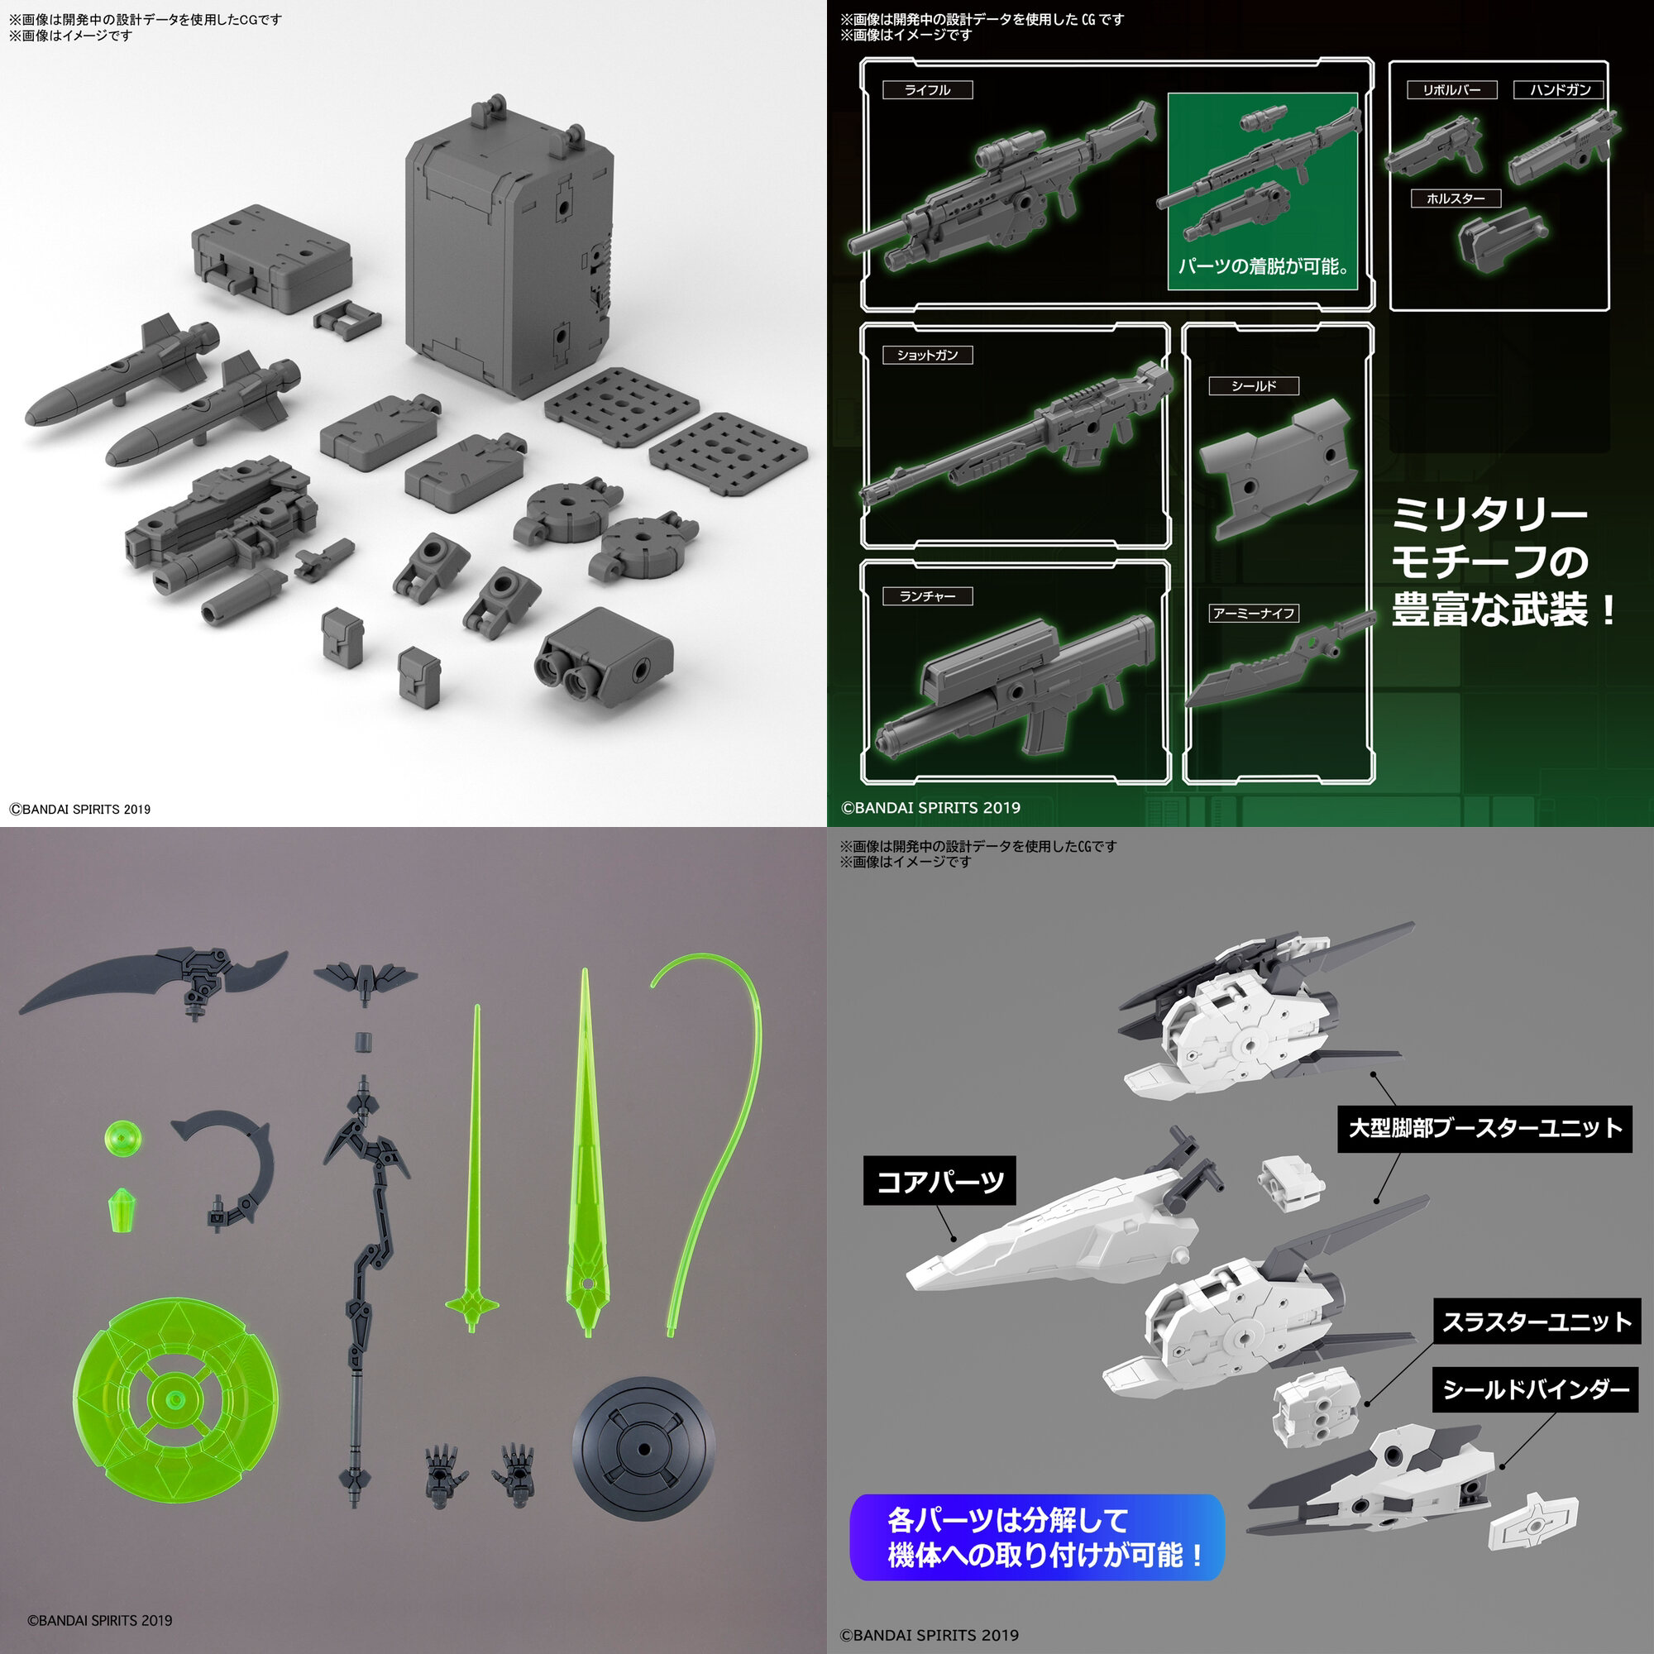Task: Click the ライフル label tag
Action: (x=927, y=90)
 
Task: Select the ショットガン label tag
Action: (x=927, y=355)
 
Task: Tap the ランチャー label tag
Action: (x=927, y=595)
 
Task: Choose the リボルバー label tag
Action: (x=1452, y=90)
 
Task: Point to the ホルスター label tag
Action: (x=1456, y=198)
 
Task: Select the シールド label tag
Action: (x=1254, y=386)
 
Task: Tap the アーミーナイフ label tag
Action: (x=1254, y=613)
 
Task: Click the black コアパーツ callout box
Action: (x=939, y=1182)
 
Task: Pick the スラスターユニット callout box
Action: (x=1537, y=1322)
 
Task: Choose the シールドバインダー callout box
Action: (x=1536, y=1389)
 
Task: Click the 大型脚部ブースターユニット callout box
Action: (x=1484, y=1127)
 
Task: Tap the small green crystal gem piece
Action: (x=123, y=1209)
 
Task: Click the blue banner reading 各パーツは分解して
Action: (x=1037, y=1537)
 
